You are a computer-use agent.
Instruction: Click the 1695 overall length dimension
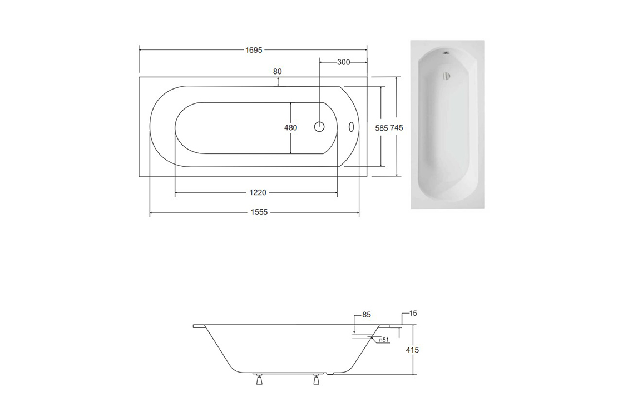pos(254,50)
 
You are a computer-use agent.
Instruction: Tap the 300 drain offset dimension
pos(344,62)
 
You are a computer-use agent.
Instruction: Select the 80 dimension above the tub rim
pos(278,72)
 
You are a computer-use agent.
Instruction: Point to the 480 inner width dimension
pos(291,127)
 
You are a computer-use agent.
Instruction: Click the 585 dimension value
pos(382,128)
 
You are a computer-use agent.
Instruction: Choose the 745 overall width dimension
pos(397,127)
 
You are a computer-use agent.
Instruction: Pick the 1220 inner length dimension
pos(258,192)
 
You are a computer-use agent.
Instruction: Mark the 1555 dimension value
pos(259,212)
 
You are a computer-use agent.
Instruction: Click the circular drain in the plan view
pos(319,127)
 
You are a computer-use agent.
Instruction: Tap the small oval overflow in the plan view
pos(351,127)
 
